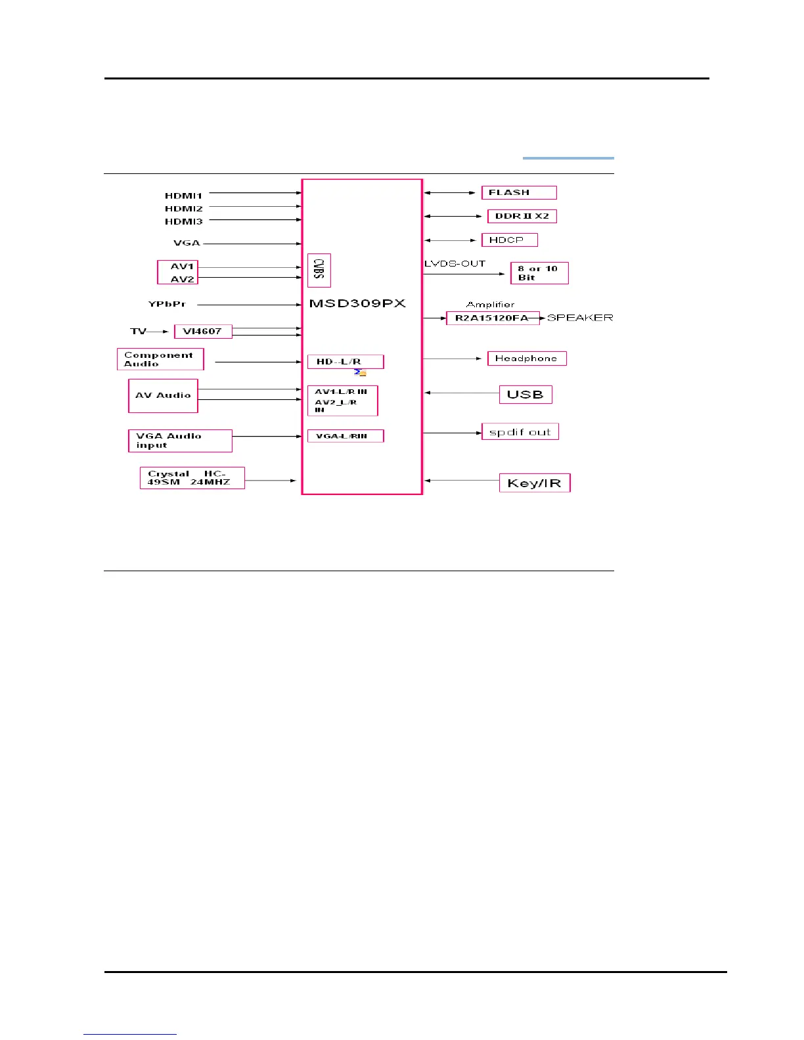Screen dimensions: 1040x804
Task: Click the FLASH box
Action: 519,192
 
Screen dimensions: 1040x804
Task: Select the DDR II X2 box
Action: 522,216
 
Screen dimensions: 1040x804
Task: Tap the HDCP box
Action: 509,240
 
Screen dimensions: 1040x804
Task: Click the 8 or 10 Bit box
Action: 539,273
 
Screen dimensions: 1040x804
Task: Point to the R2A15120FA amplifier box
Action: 493,318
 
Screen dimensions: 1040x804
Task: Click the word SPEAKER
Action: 580,318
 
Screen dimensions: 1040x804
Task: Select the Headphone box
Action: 526,358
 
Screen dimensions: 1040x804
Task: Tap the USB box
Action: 525,395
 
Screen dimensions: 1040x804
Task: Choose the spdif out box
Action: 520,432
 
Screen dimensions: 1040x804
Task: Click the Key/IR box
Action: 534,483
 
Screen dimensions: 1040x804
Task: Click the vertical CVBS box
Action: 319,270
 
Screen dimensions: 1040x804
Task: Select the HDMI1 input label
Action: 184,196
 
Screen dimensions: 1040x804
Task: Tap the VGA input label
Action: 187,243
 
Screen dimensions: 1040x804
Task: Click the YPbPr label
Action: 167,304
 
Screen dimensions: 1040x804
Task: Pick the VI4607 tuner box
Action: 203,332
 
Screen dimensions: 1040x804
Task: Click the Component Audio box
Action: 160,359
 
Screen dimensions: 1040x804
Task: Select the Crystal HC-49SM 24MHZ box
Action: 192,478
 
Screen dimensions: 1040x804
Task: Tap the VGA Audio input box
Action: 179,441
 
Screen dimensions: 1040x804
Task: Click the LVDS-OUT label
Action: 455,263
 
